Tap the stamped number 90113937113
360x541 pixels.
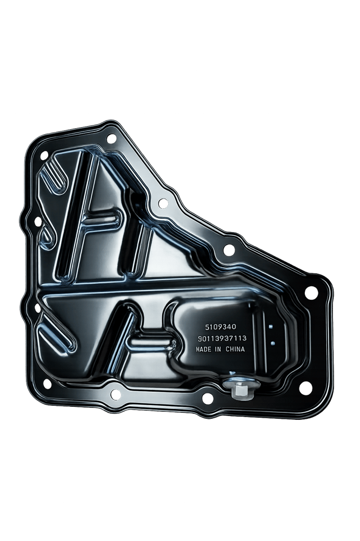point(222,339)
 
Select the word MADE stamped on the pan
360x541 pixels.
point(203,349)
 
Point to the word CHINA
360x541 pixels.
point(235,349)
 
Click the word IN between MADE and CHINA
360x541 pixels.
point(218,349)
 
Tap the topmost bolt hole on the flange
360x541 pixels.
point(111,138)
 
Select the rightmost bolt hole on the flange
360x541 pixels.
point(311,292)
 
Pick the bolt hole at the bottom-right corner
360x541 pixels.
point(305,387)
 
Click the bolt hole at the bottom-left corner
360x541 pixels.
point(47,384)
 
